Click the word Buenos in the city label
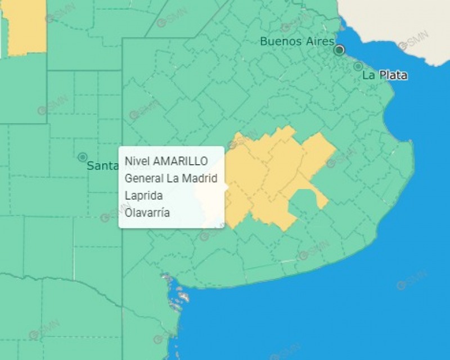coord(280,41)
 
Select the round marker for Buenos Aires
coord(339,50)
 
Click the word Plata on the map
coord(392,75)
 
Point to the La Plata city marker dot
coord(358,66)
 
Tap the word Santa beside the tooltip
coord(101,166)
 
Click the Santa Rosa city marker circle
coord(83,157)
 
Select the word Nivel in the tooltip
coord(137,161)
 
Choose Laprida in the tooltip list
coord(144,196)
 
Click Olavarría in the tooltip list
coord(147,213)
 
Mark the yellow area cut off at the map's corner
coord(26,25)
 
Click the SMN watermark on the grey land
coord(413,42)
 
